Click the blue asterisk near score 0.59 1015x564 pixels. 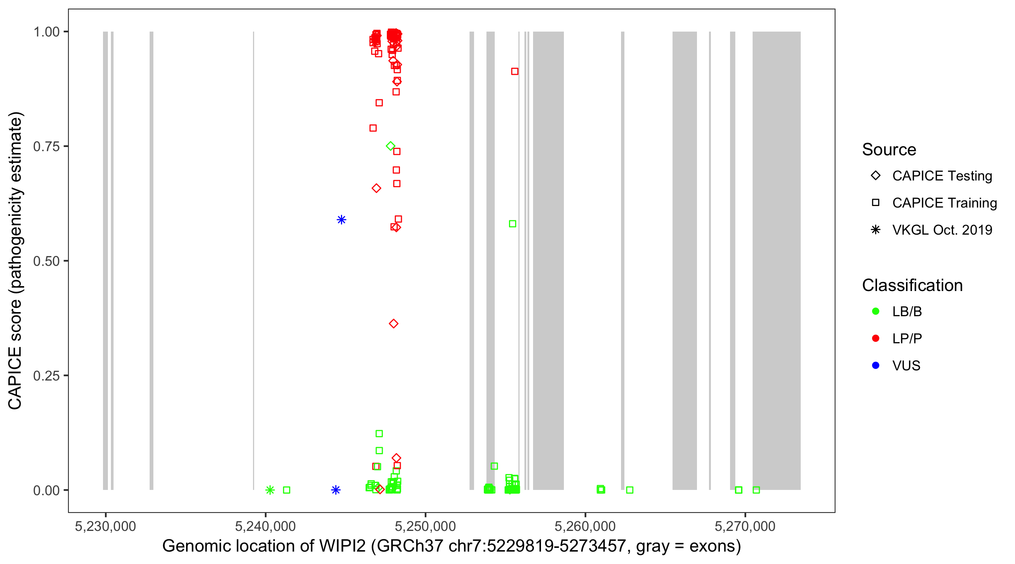(342, 220)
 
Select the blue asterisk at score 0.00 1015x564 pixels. (336, 490)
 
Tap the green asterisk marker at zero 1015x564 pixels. (270, 490)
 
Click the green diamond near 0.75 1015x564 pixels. (391, 146)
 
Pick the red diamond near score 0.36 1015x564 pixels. (394, 324)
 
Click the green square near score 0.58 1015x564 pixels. (513, 224)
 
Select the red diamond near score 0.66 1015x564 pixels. (376, 188)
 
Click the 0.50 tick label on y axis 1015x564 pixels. (46, 261)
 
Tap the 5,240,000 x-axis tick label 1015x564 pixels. (265, 526)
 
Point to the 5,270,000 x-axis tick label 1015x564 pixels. (745, 526)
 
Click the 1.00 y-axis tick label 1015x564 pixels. (46, 32)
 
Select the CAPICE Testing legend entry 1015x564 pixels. (942, 176)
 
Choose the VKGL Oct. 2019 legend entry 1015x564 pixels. (942, 230)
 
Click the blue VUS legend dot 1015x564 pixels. (876, 365)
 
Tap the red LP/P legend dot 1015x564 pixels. (876, 338)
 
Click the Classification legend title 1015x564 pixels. (912, 285)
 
